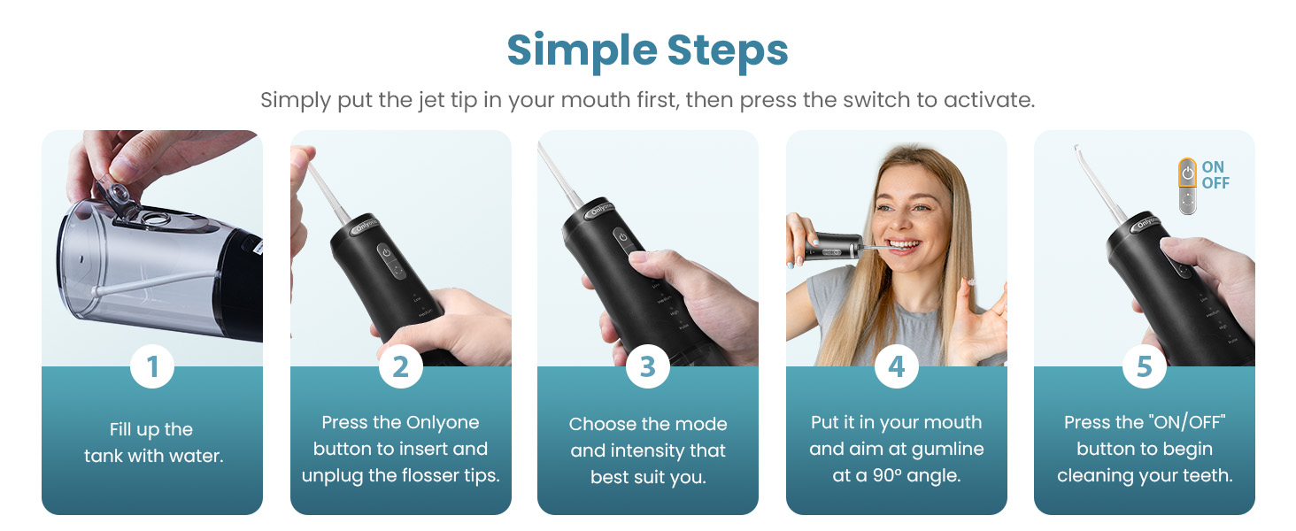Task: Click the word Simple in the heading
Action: tap(575, 51)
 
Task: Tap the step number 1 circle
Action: tap(152, 366)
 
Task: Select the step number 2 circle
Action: tap(400, 366)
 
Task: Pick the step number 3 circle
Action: tap(648, 366)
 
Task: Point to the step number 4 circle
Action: tap(896, 366)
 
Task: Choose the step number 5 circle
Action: tap(1144, 366)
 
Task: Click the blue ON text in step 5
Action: tap(1213, 167)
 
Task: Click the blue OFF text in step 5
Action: tap(1215, 183)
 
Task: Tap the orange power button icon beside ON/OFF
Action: tap(1188, 174)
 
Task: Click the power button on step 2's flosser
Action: tap(386, 252)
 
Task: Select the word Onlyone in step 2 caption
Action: tap(443, 423)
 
